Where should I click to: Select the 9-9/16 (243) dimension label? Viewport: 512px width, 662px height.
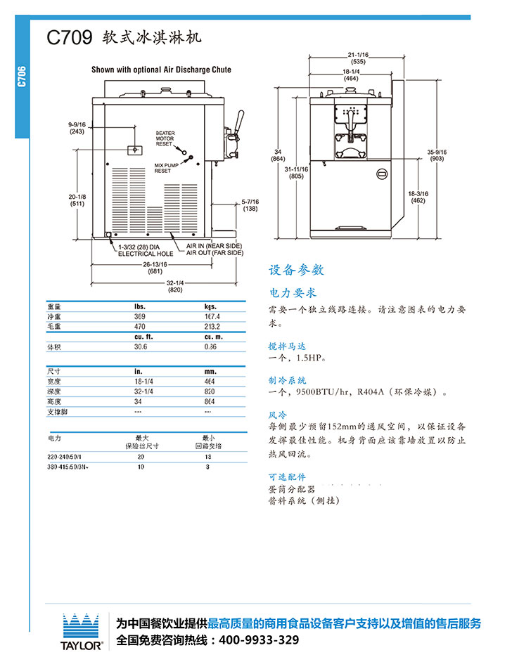77,127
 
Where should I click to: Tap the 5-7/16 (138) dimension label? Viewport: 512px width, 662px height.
250,205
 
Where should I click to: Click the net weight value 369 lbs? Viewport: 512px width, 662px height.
139,317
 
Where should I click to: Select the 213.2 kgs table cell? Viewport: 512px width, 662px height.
211,327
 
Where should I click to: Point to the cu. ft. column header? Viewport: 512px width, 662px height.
144,337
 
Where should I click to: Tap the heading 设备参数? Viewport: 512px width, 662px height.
296,270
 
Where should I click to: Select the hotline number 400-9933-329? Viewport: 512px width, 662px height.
260,640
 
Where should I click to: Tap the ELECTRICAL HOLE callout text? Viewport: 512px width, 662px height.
146,253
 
